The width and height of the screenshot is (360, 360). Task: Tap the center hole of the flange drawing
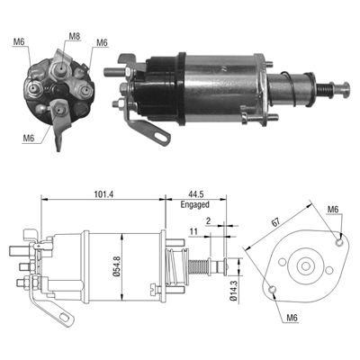tap(307, 266)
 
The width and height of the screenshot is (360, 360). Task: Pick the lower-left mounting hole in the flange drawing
tap(272, 289)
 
